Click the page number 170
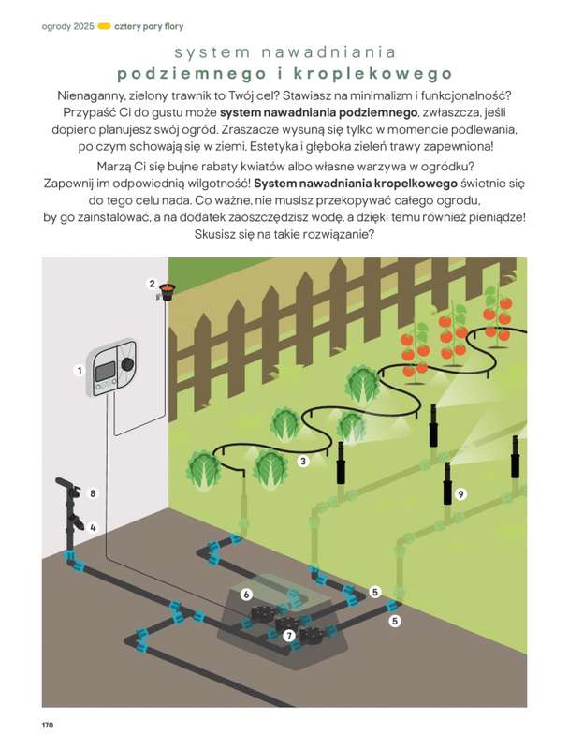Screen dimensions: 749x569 48,725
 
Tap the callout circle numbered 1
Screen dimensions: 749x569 80,371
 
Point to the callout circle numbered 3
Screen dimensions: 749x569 303,461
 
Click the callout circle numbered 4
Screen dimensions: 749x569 93,527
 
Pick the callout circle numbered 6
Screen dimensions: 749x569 246,594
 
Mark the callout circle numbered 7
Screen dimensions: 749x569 289,636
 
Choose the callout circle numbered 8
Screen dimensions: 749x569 93,492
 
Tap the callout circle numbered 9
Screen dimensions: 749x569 460,492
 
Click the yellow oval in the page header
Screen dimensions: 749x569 103,26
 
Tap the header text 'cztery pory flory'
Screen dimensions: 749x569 147,26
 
